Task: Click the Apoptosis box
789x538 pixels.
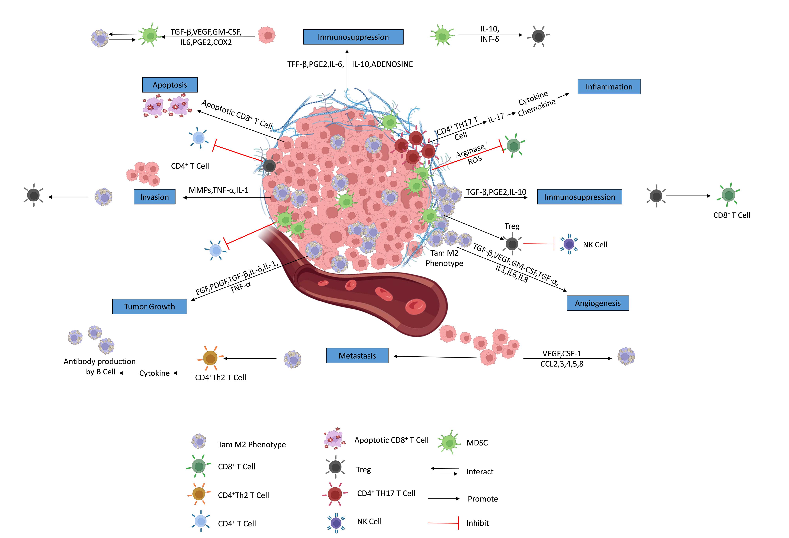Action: coord(170,85)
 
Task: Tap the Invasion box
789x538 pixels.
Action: coord(155,197)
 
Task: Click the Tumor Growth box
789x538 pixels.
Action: coord(149,307)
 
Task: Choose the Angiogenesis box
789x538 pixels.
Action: coord(598,303)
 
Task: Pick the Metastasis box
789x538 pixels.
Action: coord(357,356)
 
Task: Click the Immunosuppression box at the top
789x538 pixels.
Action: coord(353,37)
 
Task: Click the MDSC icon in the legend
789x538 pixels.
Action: coord(449,442)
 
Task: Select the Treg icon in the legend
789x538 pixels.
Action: coord(335,467)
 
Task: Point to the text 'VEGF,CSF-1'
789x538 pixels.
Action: coord(562,353)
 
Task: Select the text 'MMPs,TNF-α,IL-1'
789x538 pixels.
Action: coord(219,190)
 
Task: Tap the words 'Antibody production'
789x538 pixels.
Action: coord(100,361)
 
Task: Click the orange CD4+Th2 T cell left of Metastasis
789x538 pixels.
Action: coord(211,359)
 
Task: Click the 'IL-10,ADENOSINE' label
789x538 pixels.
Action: coord(382,64)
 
